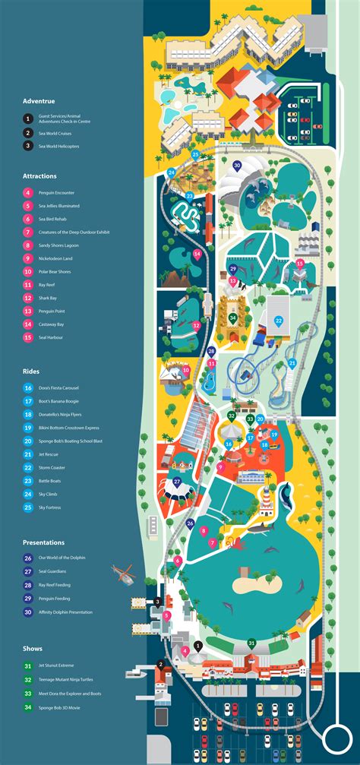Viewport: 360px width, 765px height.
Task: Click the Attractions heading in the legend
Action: pos(39,176)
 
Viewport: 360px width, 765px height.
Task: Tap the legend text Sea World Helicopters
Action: pos(58,146)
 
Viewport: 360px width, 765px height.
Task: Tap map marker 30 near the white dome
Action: pos(237,164)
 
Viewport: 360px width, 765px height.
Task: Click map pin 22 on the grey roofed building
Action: pos(279,321)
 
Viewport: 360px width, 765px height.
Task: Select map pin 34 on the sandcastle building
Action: pos(232,317)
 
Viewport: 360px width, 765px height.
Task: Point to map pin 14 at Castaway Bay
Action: pos(197,254)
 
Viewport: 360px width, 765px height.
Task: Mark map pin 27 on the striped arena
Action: pos(177,481)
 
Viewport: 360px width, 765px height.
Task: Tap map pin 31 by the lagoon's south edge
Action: pos(251,643)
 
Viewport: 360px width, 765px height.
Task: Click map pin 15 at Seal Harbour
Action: pos(300,264)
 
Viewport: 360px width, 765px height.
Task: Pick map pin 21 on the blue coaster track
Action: pos(292,364)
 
